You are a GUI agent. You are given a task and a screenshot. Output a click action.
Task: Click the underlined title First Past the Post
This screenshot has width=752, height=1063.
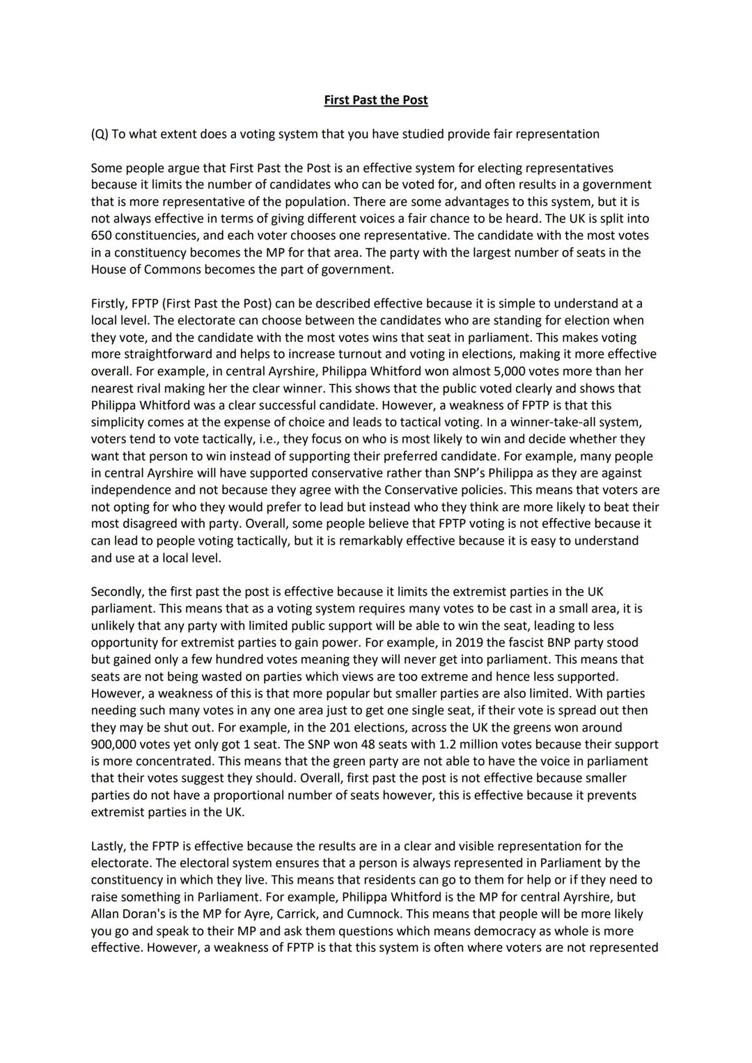(x=376, y=100)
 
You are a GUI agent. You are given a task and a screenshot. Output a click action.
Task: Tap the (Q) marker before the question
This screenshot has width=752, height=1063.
(x=100, y=134)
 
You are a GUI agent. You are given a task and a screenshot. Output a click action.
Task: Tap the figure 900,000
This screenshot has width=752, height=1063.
(x=116, y=744)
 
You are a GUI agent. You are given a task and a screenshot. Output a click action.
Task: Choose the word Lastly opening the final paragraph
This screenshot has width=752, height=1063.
(x=109, y=847)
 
